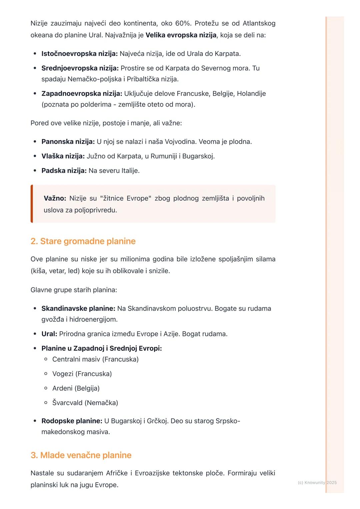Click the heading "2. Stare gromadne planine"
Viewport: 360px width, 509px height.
point(83,241)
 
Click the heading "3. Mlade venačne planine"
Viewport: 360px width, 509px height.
point(81,455)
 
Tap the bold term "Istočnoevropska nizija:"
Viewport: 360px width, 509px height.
point(79,54)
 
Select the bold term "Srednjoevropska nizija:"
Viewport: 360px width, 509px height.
point(80,68)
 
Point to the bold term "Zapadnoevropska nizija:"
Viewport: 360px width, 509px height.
point(82,94)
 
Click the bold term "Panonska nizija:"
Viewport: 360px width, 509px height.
point(68,142)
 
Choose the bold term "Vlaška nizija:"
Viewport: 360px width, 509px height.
point(63,156)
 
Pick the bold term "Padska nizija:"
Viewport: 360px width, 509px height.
point(64,171)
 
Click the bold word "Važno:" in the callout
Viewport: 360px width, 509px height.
point(55,199)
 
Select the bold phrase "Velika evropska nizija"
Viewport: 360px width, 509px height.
point(181,35)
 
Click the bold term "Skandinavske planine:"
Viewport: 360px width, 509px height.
point(78,308)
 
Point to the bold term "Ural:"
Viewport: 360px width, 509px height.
point(49,334)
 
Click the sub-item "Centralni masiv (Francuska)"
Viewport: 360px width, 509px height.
point(95,359)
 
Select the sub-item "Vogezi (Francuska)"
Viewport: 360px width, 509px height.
point(82,374)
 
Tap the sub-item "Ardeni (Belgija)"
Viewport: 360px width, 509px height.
point(76,388)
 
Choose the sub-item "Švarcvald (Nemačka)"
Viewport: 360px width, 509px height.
point(85,403)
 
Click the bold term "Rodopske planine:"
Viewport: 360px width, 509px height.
point(72,421)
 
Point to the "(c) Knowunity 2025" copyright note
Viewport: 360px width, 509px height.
point(317,482)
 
